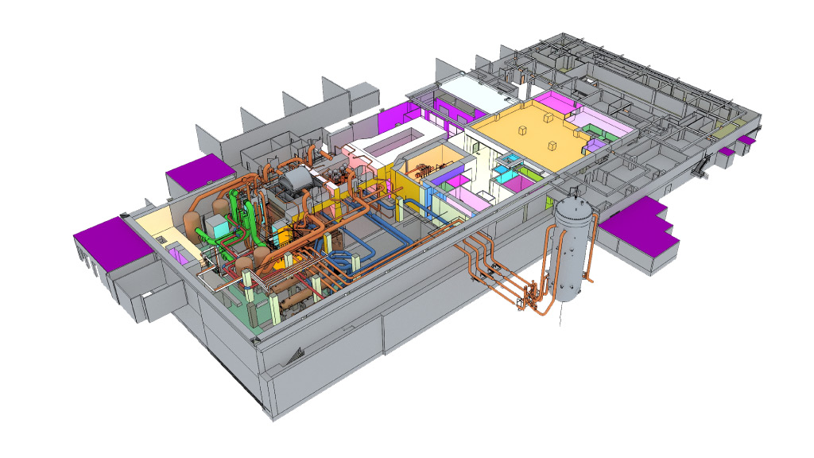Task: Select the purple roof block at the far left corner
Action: pos(110,240)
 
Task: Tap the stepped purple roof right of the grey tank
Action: pos(641,226)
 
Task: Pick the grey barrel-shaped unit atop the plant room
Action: pos(293,181)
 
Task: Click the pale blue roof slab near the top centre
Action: pos(475,90)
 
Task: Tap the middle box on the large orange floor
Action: pos(548,118)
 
